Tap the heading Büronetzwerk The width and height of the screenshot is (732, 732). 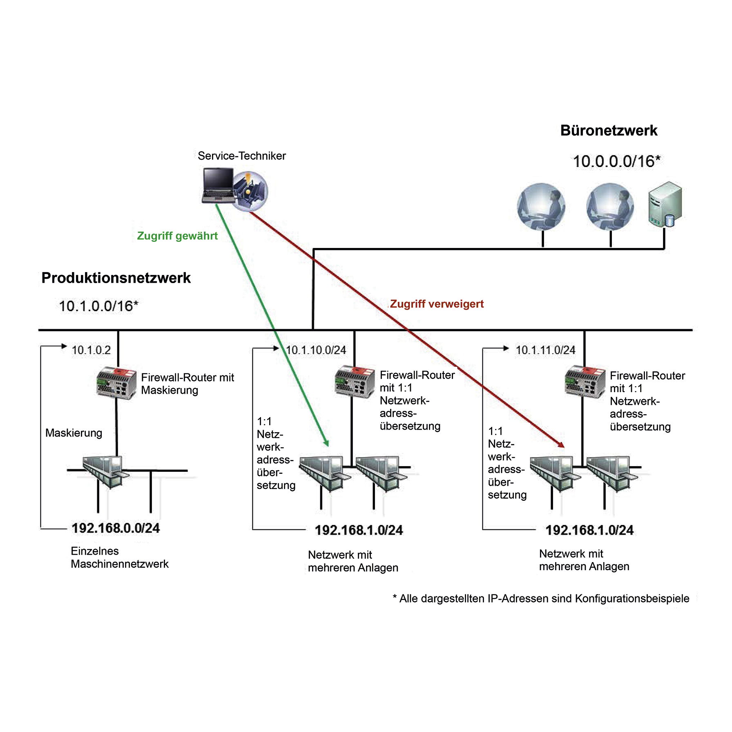[609, 131]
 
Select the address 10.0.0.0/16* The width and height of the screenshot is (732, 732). [616, 161]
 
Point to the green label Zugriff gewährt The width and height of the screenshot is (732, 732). [177, 236]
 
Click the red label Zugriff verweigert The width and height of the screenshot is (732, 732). [437, 304]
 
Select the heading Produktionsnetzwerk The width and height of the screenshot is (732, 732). [116, 278]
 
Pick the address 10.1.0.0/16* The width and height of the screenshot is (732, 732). [98, 306]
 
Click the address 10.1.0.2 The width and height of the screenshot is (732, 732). [91, 350]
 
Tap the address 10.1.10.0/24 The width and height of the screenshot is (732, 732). [316, 350]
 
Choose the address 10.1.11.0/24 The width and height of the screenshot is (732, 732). [545, 350]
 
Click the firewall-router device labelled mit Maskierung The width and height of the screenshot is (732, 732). [116, 383]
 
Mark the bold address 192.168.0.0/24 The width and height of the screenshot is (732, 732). [116, 528]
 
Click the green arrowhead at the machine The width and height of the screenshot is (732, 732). [326, 443]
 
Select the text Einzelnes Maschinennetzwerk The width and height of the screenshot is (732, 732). [119, 558]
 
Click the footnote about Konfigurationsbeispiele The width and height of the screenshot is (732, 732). [541, 599]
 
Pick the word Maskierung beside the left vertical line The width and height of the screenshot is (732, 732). [74, 433]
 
